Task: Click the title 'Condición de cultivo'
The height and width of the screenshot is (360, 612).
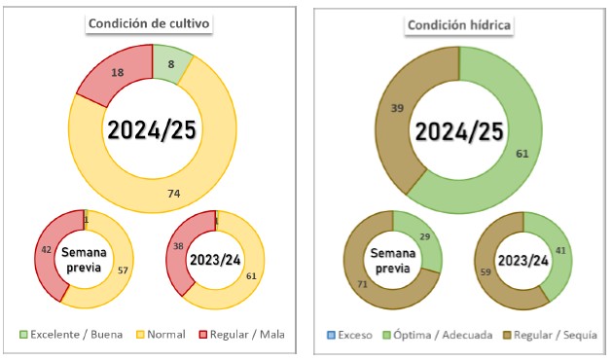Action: click(x=149, y=23)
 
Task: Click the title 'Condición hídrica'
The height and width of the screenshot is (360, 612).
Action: click(x=459, y=25)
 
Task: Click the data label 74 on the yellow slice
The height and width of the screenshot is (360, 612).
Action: click(x=174, y=194)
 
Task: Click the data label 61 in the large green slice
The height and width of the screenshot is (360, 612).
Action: click(x=522, y=154)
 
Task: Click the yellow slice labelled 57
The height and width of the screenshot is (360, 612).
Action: click(x=117, y=273)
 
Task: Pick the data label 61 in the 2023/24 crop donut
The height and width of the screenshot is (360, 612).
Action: click(x=251, y=276)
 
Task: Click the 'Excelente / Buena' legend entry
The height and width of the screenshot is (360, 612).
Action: click(x=71, y=335)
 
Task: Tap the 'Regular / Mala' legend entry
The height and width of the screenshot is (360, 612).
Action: click(x=241, y=335)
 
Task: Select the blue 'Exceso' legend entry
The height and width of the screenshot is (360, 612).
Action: click(x=349, y=335)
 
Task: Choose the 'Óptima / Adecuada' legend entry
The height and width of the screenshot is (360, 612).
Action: click(x=438, y=335)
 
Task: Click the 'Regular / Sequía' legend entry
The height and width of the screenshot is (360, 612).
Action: click(x=551, y=335)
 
